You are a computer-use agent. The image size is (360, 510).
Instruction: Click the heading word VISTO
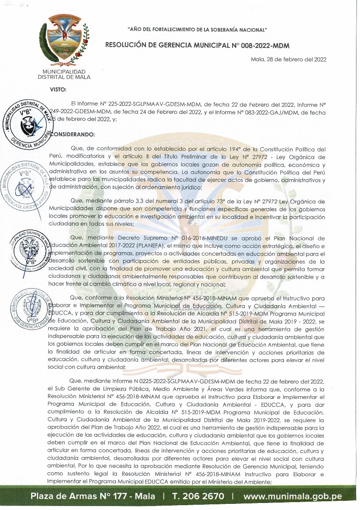click(58, 90)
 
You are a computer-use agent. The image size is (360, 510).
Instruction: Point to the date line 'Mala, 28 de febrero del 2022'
click(288, 60)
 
